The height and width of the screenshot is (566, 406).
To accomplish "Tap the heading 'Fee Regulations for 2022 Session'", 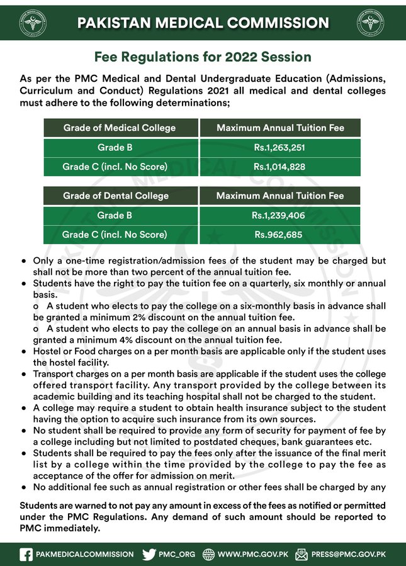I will (203, 57).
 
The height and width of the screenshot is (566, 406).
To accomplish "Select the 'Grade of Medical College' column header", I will (119, 128).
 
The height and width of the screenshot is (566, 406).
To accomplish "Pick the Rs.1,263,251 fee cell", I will (280, 148).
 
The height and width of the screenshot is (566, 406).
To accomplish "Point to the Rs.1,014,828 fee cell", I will (280, 167).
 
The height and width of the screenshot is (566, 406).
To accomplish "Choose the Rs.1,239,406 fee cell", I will (280, 216).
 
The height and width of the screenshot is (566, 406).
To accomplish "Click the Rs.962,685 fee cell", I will (280, 235).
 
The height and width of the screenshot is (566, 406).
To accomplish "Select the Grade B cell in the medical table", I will (119, 148).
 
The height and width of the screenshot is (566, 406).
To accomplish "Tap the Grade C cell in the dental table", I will (116, 235).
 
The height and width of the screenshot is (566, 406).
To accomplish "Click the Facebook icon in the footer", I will (26, 554).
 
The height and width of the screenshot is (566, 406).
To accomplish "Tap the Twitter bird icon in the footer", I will (149, 554).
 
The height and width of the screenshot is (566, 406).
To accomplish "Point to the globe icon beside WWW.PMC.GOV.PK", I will (208, 554).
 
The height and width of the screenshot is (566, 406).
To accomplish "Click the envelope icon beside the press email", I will (302, 554).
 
